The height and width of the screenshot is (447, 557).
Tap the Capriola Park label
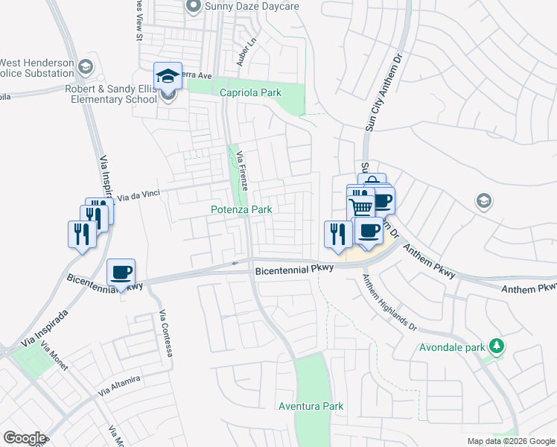tap(251, 92)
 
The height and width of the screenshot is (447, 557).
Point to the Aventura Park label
tap(311, 406)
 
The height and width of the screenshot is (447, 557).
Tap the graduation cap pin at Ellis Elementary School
tap(168, 76)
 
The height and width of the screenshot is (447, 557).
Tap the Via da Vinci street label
tap(140, 196)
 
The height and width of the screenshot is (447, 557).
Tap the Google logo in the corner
tap(25, 438)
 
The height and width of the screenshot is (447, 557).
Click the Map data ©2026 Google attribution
tap(510, 441)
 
